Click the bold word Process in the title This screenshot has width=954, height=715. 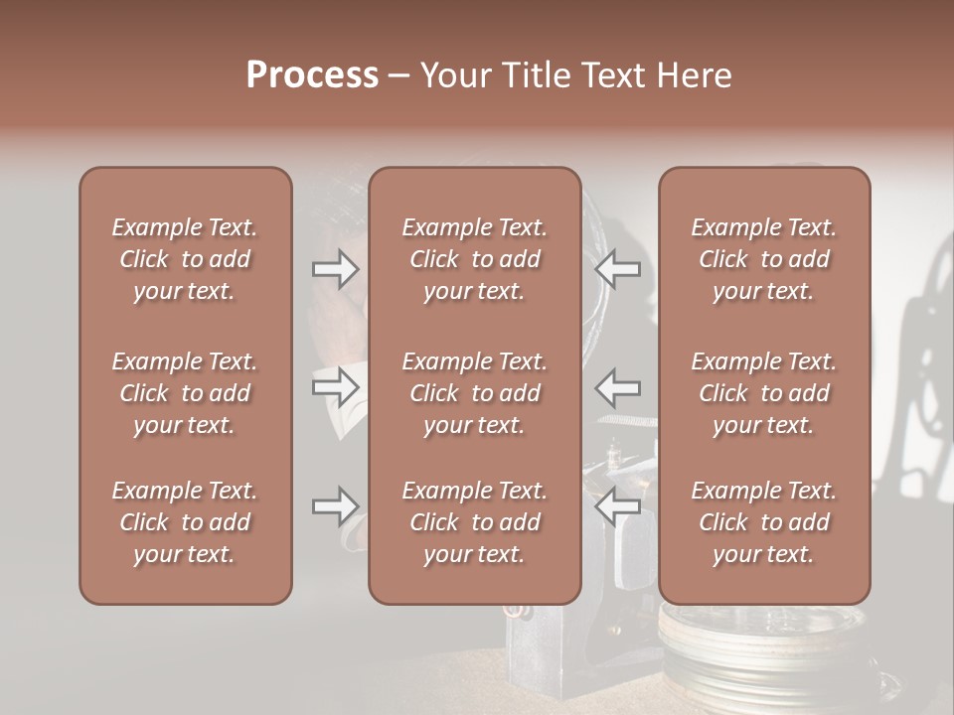[312, 75]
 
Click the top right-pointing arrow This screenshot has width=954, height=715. [336, 269]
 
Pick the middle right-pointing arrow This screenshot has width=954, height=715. [336, 386]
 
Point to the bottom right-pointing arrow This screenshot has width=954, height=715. [336, 506]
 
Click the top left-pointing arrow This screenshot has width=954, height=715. [617, 269]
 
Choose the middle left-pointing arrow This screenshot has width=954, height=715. [617, 386]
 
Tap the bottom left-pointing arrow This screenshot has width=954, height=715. [617, 506]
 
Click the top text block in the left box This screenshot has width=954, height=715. [185, 259]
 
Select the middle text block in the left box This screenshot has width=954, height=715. [185, 393]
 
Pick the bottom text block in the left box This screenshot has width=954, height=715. [185, 522]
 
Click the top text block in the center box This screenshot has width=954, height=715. [474, 259]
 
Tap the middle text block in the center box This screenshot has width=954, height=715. [474, 393]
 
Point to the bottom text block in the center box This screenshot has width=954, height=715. [474, 522]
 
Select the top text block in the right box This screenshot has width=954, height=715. [763, 259]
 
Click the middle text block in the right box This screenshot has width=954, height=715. [763, 393]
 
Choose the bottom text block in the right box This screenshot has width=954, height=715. [763, 522]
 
